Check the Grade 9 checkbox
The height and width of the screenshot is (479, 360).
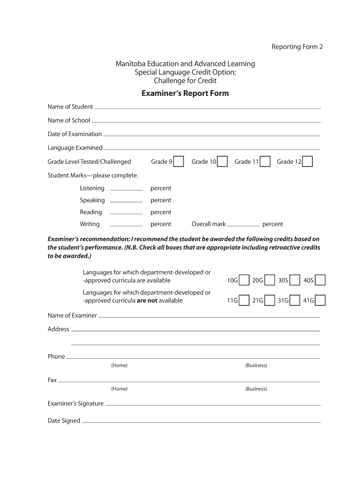[179, 161]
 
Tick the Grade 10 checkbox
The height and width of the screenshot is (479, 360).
[223, 161]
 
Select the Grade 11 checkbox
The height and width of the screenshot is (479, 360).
[265, 161]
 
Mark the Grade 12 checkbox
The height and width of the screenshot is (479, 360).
[307, 161]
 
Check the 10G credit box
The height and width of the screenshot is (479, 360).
[244, 280]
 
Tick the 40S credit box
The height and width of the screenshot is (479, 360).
[320, 280]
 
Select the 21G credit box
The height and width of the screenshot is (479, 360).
[269, 300]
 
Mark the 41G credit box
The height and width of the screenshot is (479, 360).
[320, 300]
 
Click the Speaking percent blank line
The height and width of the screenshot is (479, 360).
[126, 201]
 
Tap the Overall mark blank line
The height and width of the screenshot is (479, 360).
[243, 225]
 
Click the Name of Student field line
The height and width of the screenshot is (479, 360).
[207, 108]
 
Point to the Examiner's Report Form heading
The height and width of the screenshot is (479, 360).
[185, 93]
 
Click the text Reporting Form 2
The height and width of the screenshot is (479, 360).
[297, 47]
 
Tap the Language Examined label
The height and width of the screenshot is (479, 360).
[75, 148]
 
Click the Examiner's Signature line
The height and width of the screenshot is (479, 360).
[213, 404]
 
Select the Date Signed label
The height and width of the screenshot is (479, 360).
[64, 421]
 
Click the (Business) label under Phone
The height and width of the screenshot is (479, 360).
[256, 365]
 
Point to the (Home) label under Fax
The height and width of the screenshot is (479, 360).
[119, 389]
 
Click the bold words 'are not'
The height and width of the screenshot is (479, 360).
[147, 300]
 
